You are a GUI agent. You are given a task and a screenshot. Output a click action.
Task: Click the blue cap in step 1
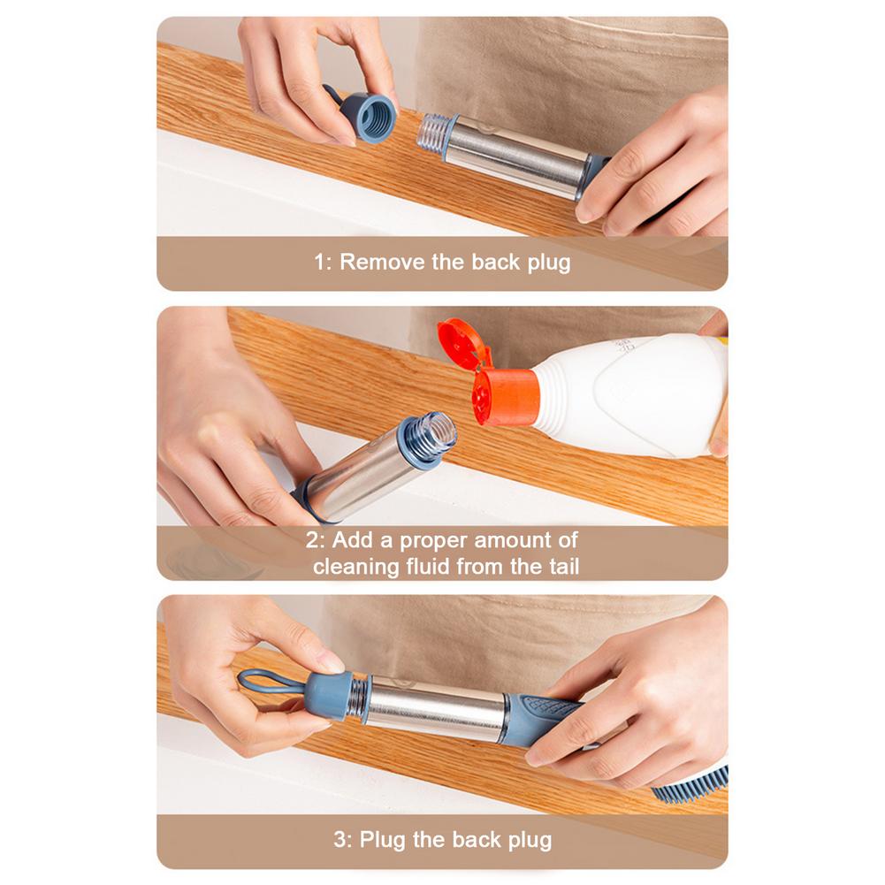point(368,117)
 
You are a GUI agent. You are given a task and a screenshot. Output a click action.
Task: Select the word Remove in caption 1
point(382,262)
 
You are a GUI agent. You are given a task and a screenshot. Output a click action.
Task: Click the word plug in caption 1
point(549,263)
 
